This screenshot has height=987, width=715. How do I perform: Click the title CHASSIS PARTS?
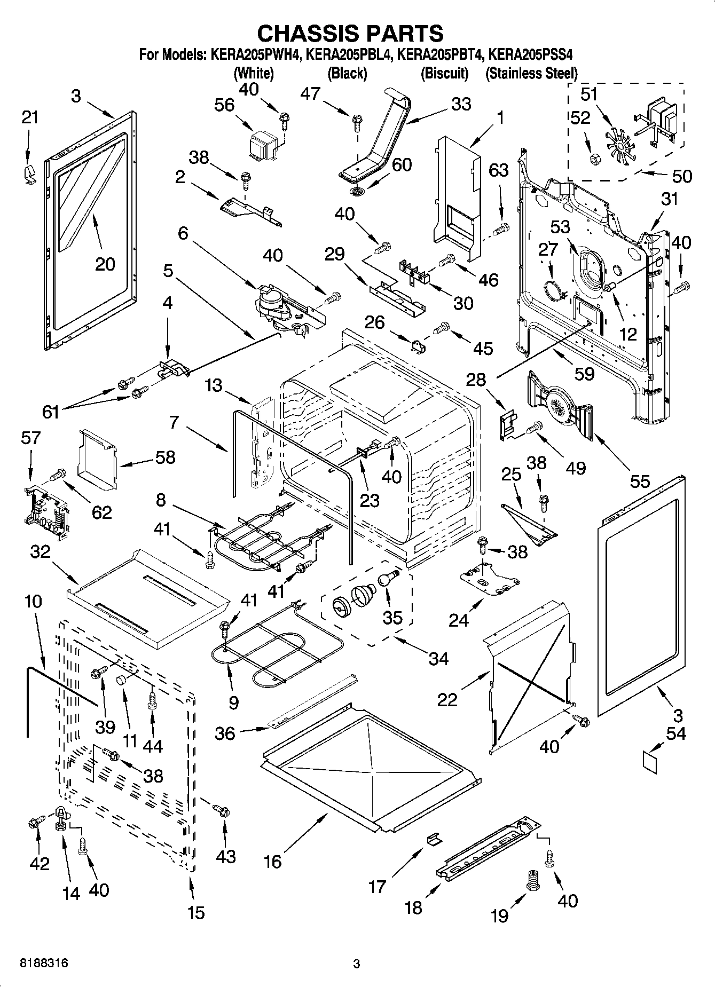coord(350,33)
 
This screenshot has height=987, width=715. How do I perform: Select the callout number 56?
coord(224,105)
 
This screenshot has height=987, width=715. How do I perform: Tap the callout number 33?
coord(460,104)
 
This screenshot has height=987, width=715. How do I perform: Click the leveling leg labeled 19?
coord(532,879)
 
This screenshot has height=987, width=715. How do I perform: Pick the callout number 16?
coord(273,861)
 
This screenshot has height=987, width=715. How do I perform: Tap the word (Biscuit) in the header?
coord(444,73)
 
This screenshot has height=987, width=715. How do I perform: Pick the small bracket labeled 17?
coord(434,840)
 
